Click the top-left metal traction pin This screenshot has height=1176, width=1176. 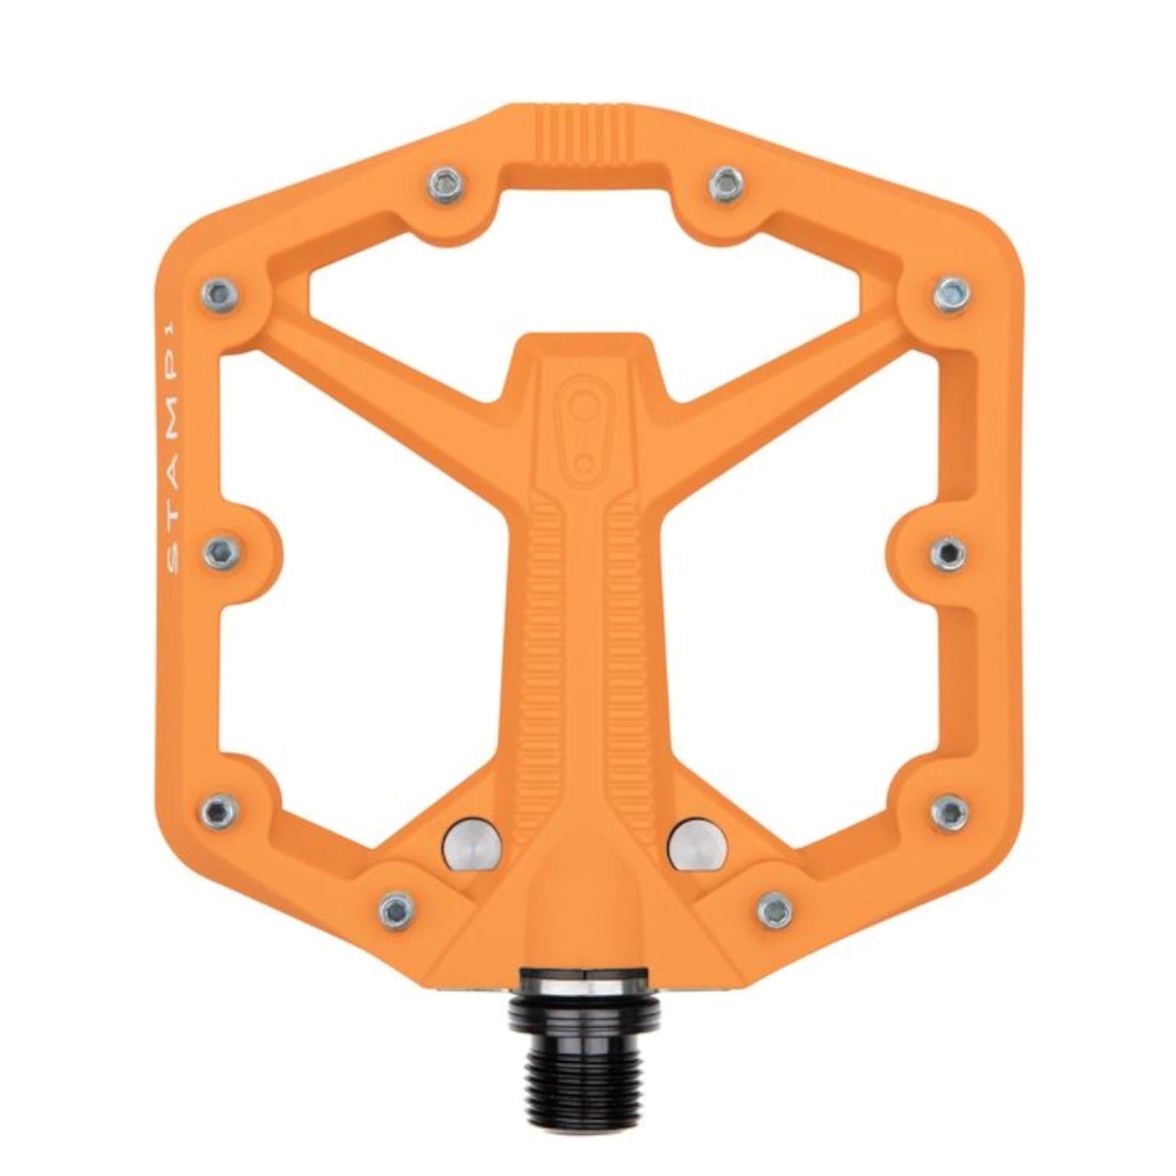point(446,186)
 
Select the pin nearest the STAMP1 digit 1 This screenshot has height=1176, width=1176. point(220,295)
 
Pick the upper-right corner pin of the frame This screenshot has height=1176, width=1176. point(952,295)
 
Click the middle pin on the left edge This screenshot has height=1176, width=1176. point(222,551)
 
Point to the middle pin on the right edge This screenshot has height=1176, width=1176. point(948,552)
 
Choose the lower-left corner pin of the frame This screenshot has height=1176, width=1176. point(220,811)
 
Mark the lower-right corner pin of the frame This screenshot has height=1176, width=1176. point(950,812)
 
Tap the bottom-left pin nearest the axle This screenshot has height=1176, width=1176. point(398,911)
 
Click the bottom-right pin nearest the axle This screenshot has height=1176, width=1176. point(775,911)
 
